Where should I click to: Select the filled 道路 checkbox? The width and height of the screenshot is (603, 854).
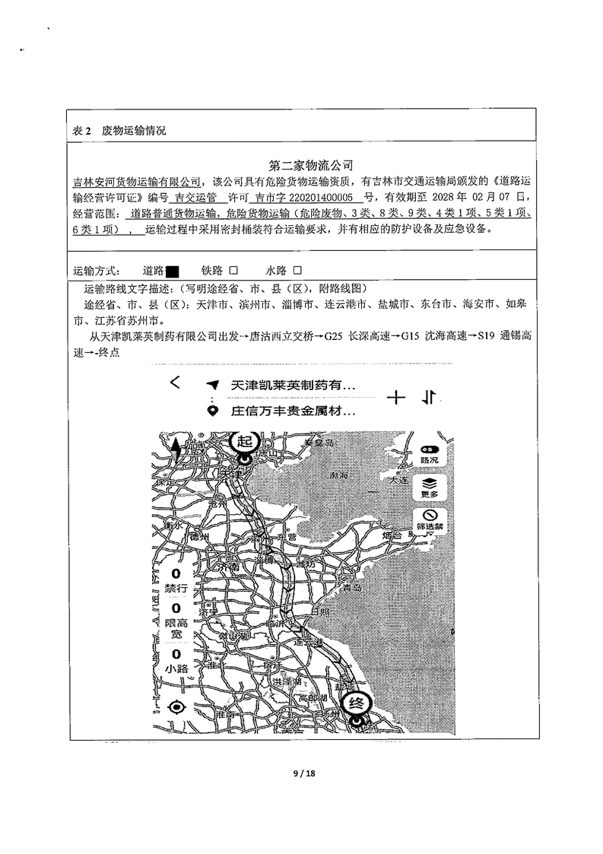pos(172,271)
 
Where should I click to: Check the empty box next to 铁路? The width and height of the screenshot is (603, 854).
pos(234,271)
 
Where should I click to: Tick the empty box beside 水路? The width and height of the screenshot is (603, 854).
pos(297,271)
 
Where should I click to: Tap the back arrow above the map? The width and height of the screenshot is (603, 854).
pos(176,383)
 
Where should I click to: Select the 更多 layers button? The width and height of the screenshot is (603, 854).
pos(429,487)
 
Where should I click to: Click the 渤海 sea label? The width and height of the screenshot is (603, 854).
pos(339,475)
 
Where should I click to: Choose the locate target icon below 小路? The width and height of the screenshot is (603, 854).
pos(177,706)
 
